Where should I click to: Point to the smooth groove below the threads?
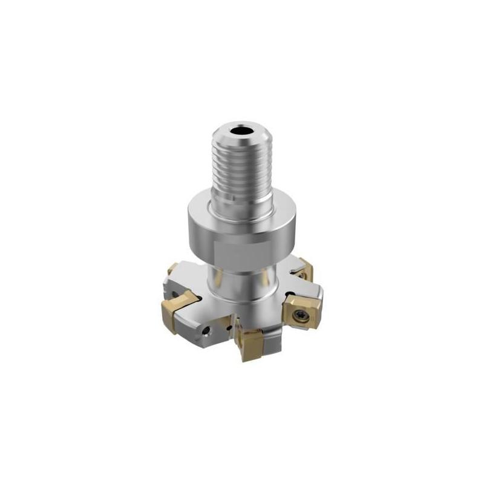pyautogui.click(x=242, y=203)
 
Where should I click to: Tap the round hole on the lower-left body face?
pyautogui.click(x=207, y=330)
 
